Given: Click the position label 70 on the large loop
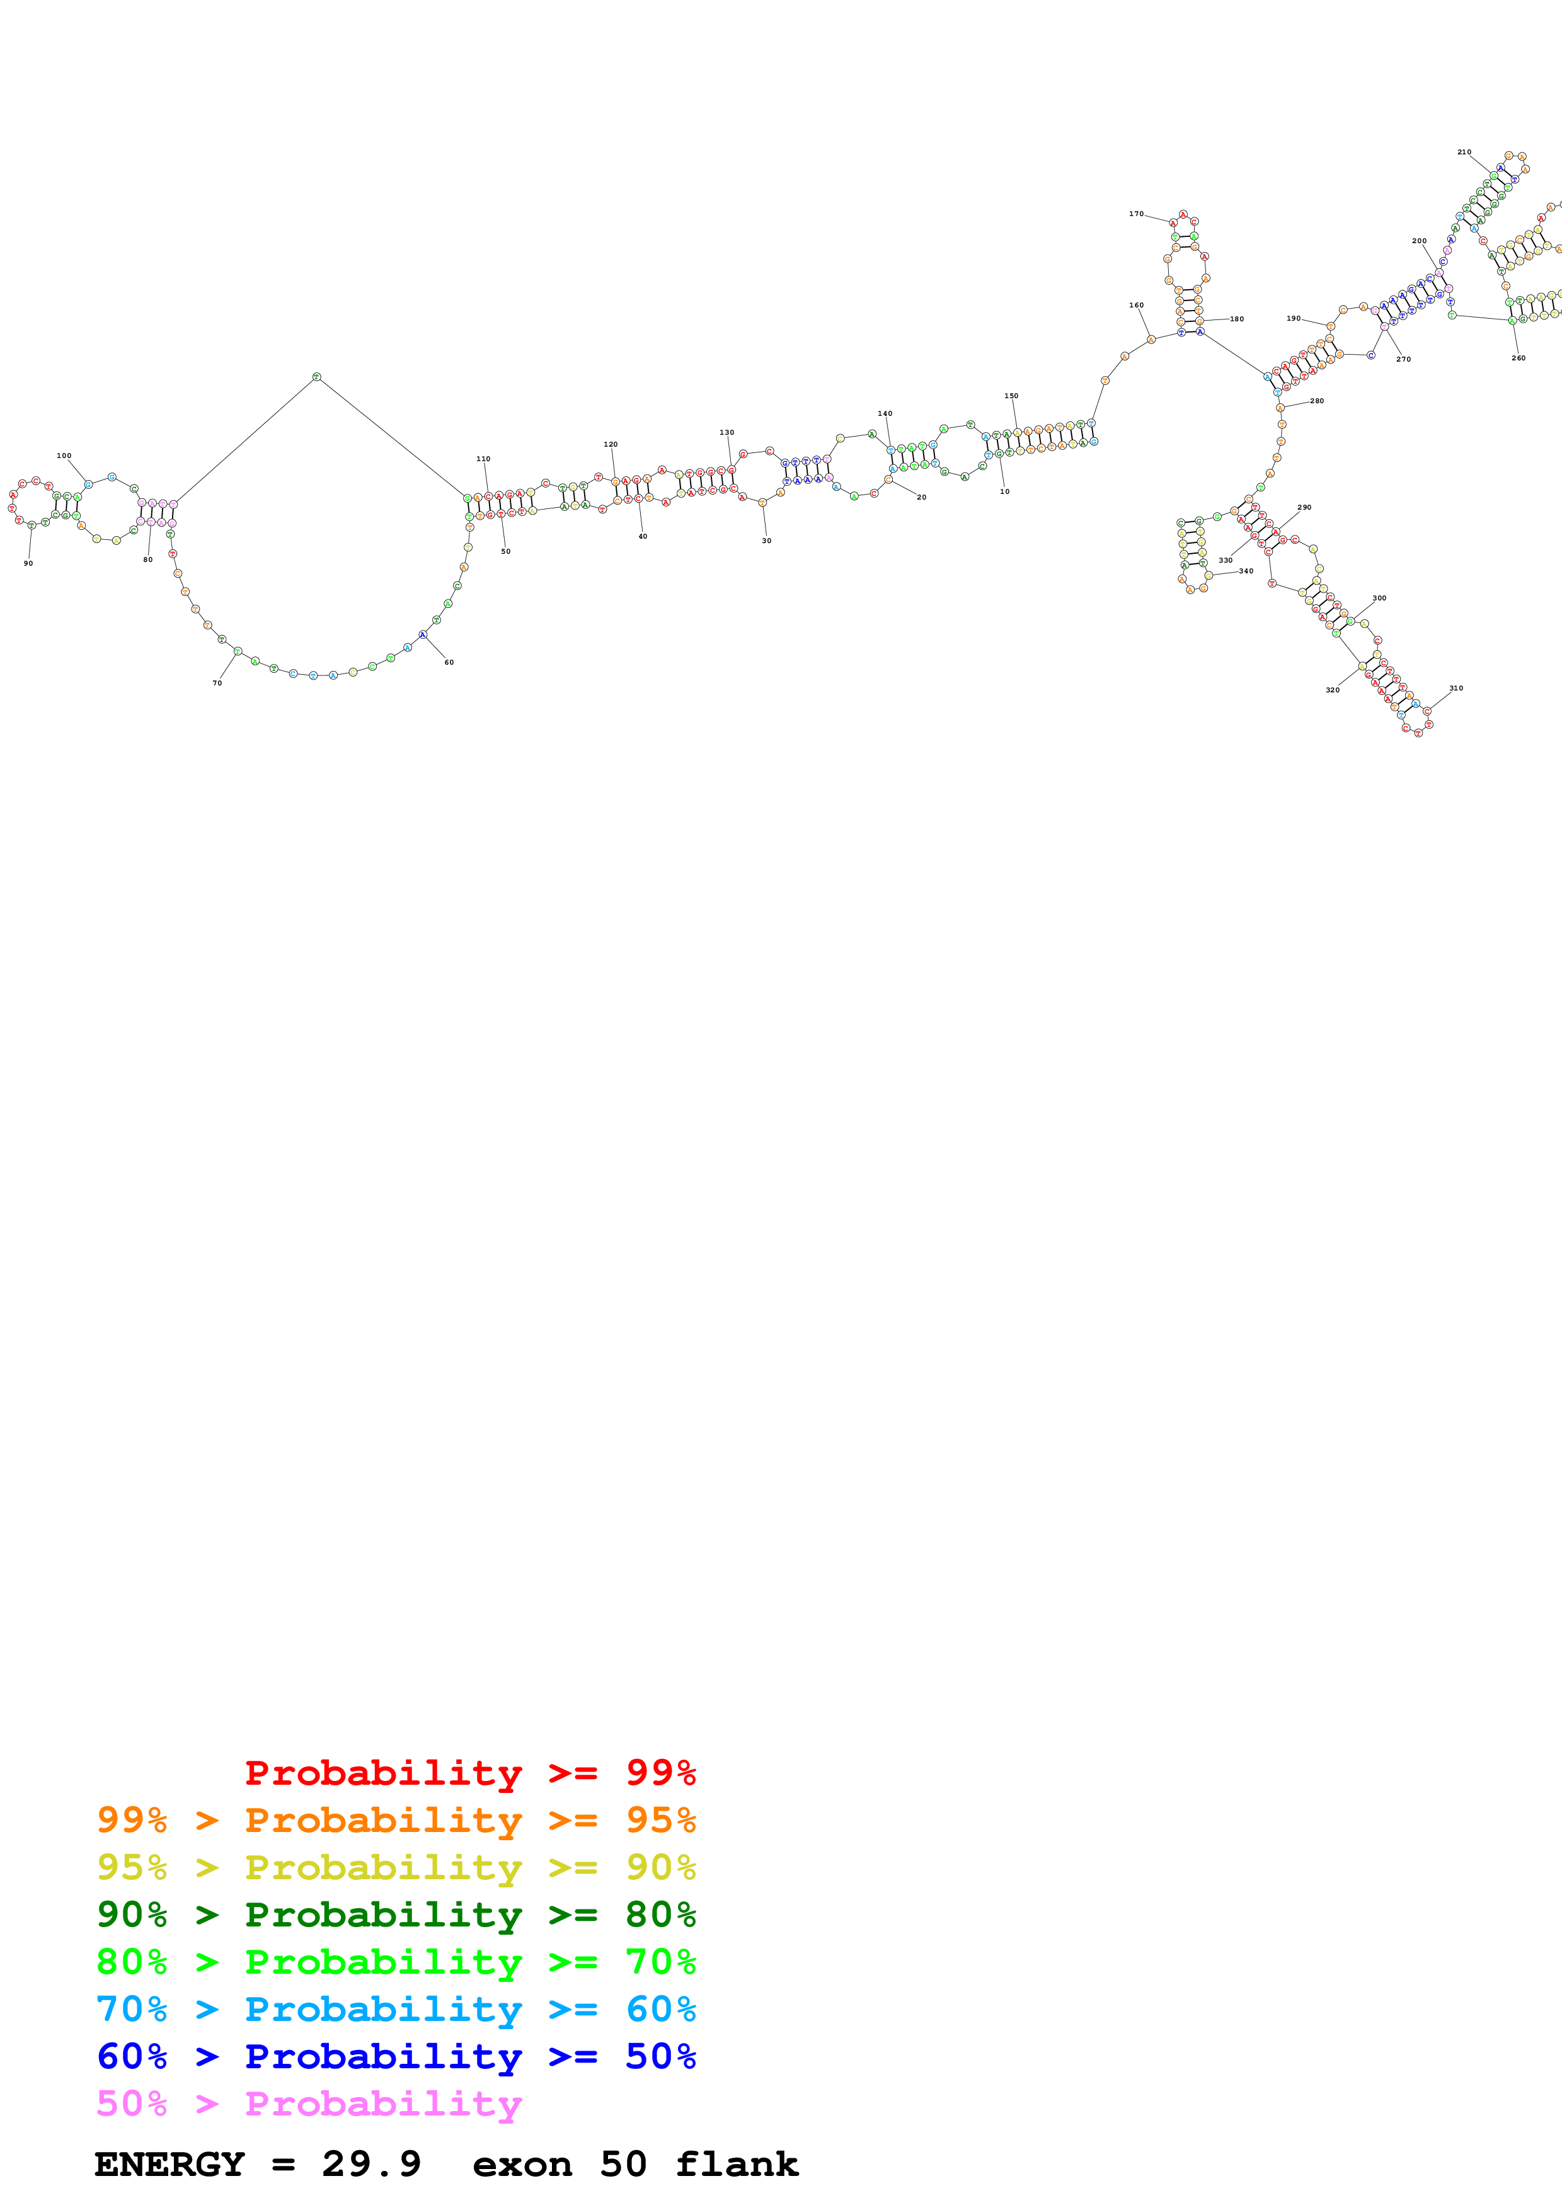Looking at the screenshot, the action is coord(217,682).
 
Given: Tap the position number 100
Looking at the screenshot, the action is coord(64,455).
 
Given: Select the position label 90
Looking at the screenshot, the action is coord(28,563).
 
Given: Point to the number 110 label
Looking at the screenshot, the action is coord(483,459).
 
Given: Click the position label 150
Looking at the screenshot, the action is coord(1011,396).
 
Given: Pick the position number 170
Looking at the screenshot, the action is coord(1135,214).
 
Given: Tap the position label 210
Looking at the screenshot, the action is coord(1464,152).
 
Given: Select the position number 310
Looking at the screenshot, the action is coord(1456,688).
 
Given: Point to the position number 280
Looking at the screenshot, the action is coord(1317,401).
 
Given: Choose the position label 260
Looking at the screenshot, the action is coord(1518,358).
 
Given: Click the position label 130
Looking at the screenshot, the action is coord(726,432).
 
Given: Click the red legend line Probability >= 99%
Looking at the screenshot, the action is coord(469,1772).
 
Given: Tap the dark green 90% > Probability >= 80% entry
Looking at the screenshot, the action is coord(396,1915).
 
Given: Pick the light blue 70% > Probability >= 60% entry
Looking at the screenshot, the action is coord(396,2009).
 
